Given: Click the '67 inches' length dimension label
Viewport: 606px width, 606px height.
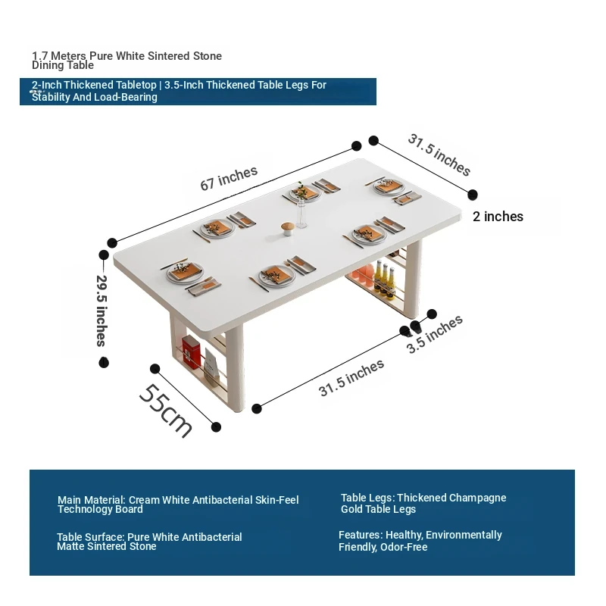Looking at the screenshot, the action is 229,178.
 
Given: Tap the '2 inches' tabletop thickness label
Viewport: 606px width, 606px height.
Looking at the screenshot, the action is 498,217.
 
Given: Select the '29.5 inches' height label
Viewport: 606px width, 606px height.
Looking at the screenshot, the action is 102,311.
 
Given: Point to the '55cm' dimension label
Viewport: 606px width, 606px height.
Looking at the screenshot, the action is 165,411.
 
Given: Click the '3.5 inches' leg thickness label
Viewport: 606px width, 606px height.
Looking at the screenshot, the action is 434,334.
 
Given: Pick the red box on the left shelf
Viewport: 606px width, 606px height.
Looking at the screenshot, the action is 192,351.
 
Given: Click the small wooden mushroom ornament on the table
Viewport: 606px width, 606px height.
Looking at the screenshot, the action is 288,229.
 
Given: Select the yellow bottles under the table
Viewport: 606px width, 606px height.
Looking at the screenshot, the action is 384,278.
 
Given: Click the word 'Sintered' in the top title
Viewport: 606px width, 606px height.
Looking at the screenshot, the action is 169,56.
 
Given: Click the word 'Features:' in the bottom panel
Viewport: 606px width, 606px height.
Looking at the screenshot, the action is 361,535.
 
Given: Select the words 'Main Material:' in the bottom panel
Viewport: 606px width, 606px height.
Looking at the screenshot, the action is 92,500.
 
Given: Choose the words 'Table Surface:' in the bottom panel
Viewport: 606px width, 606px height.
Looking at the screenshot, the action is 91,537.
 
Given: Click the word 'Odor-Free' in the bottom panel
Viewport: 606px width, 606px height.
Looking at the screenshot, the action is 404,547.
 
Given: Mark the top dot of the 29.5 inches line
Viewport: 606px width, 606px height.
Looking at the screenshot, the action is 104,255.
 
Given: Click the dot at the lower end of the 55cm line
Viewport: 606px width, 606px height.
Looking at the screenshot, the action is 217,426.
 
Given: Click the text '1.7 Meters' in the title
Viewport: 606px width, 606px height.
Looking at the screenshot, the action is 59,56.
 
